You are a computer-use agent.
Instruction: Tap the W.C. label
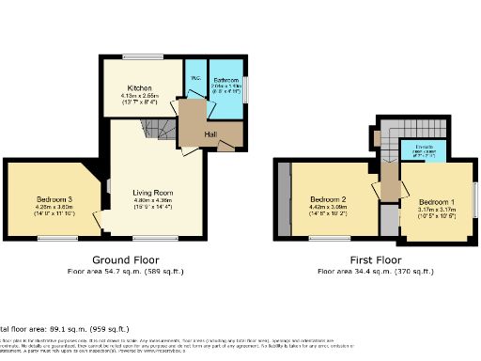coord(195,77)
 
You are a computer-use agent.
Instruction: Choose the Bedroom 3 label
coord(55,199)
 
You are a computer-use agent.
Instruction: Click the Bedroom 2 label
coord(330,199)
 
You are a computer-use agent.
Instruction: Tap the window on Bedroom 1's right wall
coord(474,202)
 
